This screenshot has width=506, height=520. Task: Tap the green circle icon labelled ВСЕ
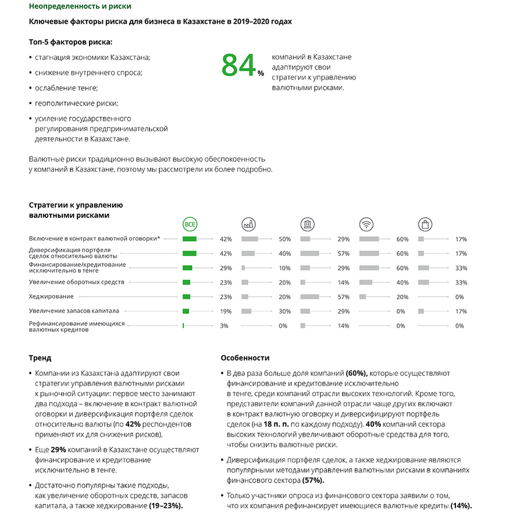pos(190,224)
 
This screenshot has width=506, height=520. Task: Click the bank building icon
pos(308,224)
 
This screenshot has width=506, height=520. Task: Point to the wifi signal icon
pos(366,224)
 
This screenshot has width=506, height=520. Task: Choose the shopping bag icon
pos(425,224)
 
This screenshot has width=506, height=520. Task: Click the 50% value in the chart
pos(284,239)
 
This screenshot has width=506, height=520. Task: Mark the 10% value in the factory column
pos(284,268)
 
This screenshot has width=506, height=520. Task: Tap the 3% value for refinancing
pos(224,326)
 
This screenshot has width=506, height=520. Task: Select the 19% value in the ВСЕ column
pos(225,311)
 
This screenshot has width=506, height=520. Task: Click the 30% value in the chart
pos(284,311)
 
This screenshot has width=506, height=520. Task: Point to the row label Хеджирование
pos(50,296)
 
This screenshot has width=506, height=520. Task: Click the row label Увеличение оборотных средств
pos(77,282)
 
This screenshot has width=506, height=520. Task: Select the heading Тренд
pos(40,358)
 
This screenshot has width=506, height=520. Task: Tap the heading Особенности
pos(245,358)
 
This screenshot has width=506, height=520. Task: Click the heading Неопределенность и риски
pos(80,6)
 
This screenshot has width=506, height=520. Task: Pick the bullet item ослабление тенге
pos(66,88)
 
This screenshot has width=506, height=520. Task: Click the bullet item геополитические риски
pos(76,103)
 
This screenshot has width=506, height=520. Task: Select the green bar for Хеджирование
pos(186,297)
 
